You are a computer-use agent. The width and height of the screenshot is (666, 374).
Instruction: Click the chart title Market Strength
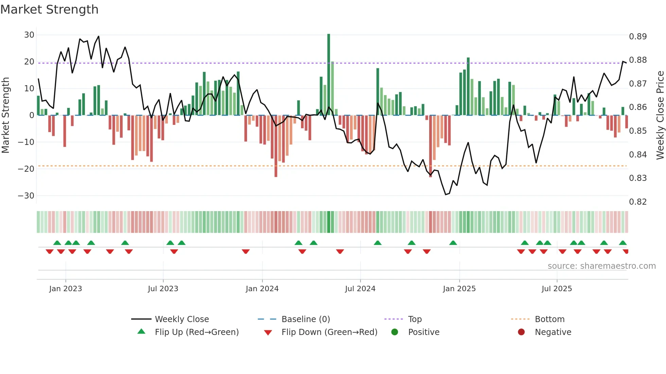pyautogui.click(x=49, y=10)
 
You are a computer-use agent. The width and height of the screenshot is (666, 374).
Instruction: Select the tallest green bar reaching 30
pyautogui.click(x=329, y=75)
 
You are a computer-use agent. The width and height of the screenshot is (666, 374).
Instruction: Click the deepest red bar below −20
pyautogui.click(x=276, y=146)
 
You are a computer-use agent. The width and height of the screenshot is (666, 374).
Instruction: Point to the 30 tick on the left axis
pyautogui.click(x=29, y=35)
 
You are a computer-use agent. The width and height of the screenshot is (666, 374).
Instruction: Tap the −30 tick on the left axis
pyautogui.click(x=26, y=196)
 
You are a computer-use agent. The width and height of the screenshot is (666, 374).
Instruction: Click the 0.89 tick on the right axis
pyautogui.click(x=638, y=37)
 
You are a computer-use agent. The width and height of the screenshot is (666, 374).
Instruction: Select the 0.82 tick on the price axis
pyautogui.click(x=638, y=202)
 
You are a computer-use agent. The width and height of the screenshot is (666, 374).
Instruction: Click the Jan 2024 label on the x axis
pyautogui.click(x=262, y=289)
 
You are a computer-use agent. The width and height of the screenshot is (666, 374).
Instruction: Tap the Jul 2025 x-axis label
pyautogui.click(x=557, y=289)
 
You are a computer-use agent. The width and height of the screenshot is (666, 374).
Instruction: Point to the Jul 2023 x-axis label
pyautogui.click(x=163, y=289)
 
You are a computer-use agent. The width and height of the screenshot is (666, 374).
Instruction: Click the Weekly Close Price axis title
pyautogui.click(x=660, y=115)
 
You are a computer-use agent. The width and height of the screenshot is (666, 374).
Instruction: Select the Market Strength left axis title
pyautogui.click(x=6, y=115)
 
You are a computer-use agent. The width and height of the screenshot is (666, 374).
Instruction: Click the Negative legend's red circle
pyautogui.click(x=521, y=332)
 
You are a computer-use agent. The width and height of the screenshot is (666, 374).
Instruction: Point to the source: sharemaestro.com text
pyautogui.click(x=601, y=266)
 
